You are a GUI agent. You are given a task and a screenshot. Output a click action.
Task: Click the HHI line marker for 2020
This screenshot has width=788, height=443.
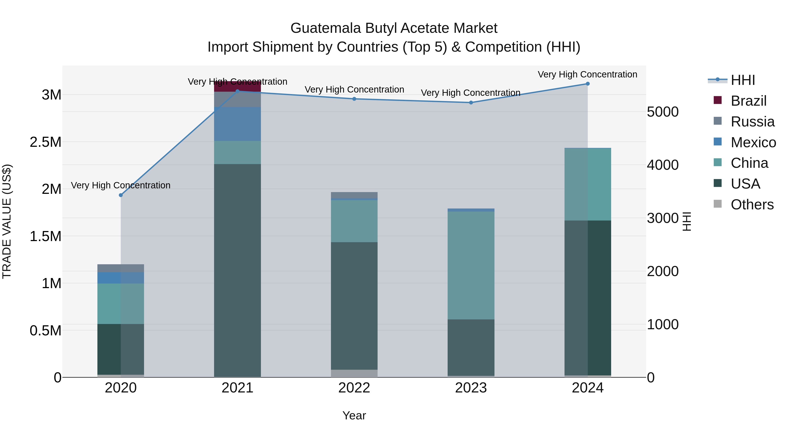pos(121,195)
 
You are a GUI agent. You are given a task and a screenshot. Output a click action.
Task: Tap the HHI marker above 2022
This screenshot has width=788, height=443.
pos(354,99)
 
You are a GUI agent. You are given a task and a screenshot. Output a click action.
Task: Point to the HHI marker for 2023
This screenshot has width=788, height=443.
pos(471,103)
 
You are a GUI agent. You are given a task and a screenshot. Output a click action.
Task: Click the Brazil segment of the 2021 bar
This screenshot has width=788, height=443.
pos(237,86)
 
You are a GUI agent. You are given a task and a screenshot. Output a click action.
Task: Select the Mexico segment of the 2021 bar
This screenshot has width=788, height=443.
pos(237,124)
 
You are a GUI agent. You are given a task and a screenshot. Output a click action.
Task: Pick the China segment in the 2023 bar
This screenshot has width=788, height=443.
pos(471,265)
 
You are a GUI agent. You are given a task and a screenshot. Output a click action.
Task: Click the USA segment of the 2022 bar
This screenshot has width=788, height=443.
pos(354,306)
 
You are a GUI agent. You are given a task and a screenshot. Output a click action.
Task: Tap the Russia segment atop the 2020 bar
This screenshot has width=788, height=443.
pos(121,268)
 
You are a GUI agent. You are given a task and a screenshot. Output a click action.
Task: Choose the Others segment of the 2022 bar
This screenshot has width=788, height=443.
pos(354,373)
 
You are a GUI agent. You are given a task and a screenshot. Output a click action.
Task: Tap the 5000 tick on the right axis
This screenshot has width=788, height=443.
pos(663,112)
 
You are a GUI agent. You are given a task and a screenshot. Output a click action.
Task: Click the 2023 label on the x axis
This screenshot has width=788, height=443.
pos(471,388)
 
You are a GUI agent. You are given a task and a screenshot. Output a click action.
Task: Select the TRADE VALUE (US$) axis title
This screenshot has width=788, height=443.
pos(7,221)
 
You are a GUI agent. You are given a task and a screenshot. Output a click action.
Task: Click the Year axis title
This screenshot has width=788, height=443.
pos(354,415)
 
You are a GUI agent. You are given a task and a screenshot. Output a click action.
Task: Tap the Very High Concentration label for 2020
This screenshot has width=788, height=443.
pos(121,185)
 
